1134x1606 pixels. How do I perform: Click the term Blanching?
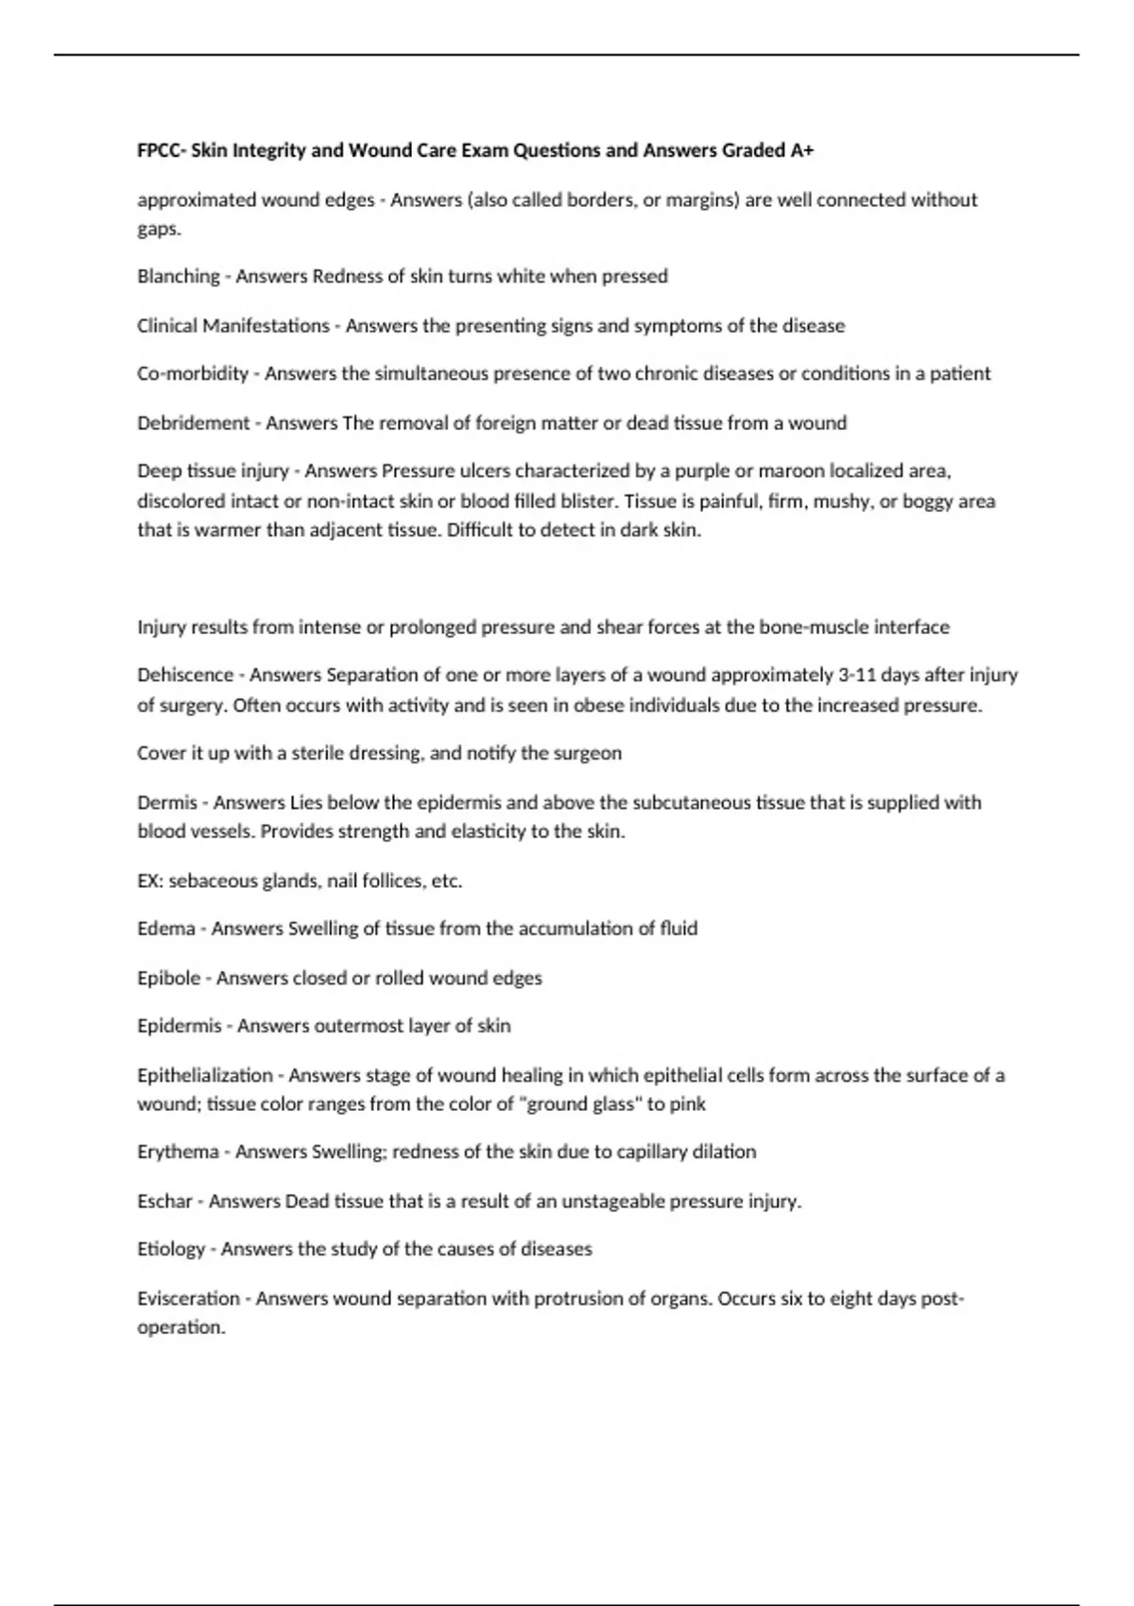[178, 276]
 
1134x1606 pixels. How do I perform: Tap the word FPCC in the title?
[158, 150]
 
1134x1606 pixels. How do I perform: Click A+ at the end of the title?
[802, 150]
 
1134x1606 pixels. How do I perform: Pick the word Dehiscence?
[185, 675]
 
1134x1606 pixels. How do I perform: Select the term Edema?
[165, 928]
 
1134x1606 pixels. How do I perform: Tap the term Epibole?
[168, 978]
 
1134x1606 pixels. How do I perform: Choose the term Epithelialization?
[205, 1075]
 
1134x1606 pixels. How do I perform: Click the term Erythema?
[178, 1152]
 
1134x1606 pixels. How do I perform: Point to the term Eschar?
[164, 1201]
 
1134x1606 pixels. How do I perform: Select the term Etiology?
[171, 1249]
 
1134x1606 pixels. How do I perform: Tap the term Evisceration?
[188, 1298]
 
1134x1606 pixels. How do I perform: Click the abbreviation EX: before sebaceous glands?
[150, 880]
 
